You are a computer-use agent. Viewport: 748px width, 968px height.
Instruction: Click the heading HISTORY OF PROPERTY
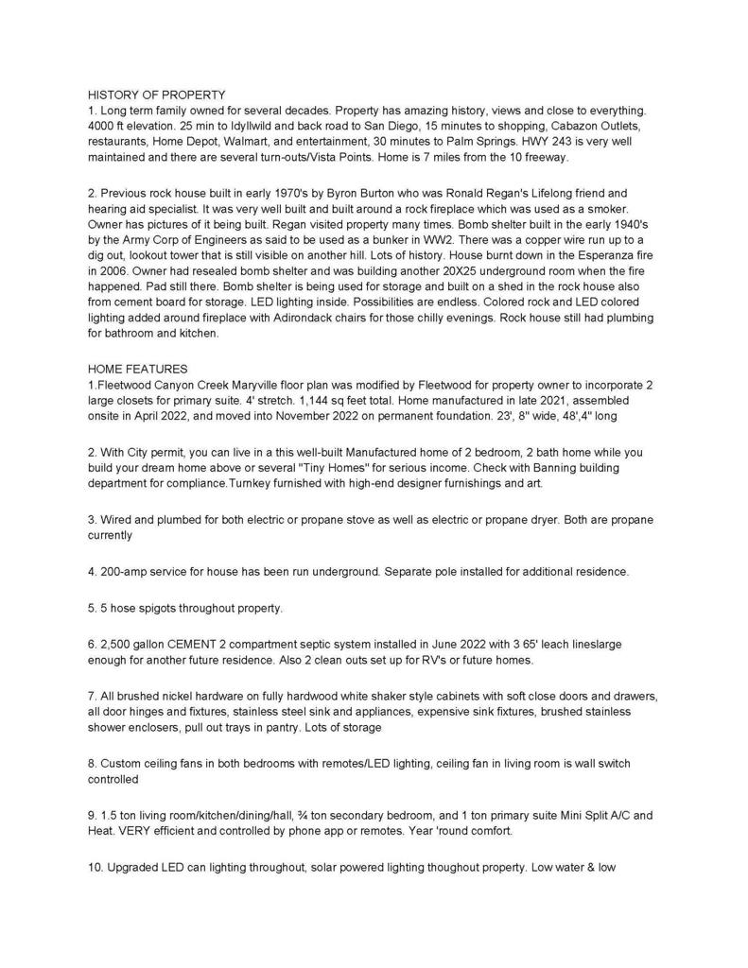(156, 95)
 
